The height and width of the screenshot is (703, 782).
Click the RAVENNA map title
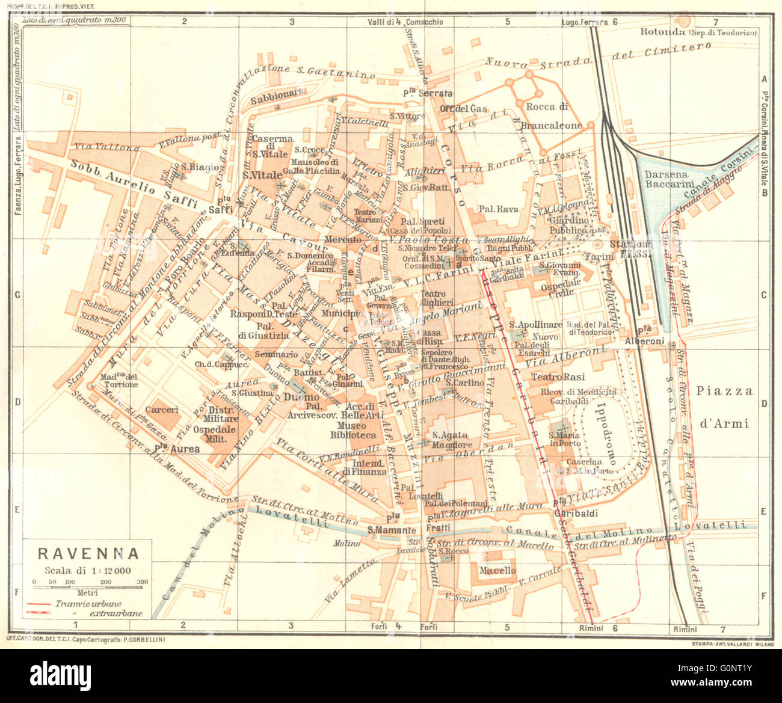point(88,553)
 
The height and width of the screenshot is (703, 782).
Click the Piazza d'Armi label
point(724,407)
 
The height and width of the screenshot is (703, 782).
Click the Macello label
point(497,570)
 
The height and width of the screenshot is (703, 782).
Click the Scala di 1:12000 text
point(88,571)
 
